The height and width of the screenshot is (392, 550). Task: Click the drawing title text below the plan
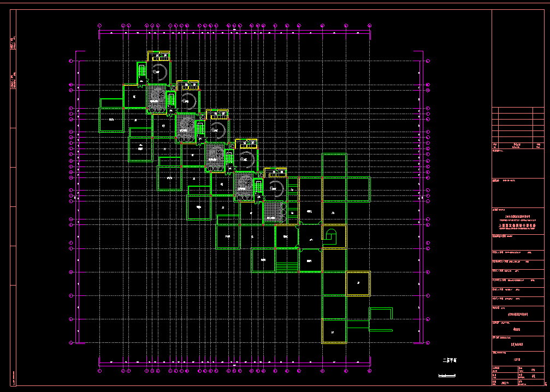pyautogui.click(x=453, y=360)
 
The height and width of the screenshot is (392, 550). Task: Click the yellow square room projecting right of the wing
pyautogui.click(x=358, y=283)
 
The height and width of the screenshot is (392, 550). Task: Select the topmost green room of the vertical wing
pyautogui.click(x=334, y=165)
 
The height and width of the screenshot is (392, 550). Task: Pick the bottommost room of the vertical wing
pyautogui.click(x=334, y=331)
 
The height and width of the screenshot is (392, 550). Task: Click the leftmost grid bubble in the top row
pyautogui.click(x=99, y=25)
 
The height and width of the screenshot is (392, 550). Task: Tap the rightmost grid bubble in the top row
pyautogui.click(x=370, y=25)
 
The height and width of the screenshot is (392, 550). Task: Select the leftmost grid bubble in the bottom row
pyautogui.click(x=99, y=371)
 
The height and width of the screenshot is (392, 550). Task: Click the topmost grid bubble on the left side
pyautogui.click(x=71, y=61)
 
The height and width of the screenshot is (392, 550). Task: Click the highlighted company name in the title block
pyautogui.click(x=518, y=224)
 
